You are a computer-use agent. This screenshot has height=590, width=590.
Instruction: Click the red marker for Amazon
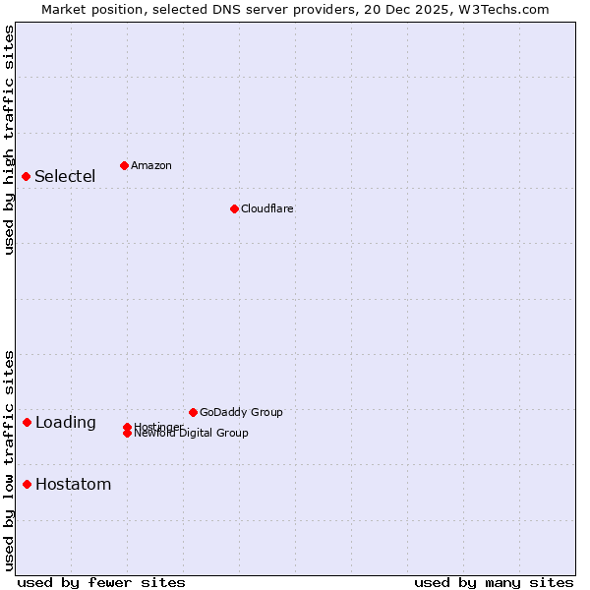(124, 165)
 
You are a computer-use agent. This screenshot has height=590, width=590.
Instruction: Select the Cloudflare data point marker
(234, 208)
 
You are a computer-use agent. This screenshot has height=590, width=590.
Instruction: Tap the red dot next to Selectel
(27, 176)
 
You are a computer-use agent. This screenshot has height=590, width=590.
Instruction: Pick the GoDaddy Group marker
(193, 412)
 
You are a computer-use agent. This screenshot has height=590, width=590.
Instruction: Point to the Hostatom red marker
(28, 484)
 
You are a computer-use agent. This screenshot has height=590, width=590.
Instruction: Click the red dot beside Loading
(28, 422)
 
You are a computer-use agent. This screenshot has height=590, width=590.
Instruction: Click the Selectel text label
(65, 177)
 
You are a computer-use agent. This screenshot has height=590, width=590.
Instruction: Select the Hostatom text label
(73, 485)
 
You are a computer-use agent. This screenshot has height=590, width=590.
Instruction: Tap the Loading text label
(65, 423)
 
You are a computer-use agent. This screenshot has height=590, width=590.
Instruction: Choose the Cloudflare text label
(266, 209)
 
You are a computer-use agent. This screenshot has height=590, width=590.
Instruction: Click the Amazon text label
(150, 166)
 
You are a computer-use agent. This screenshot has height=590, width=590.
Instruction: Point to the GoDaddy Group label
(241, 413)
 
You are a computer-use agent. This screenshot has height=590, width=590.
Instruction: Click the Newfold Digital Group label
(192, 434)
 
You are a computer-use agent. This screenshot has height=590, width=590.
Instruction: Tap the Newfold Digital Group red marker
(128, 433)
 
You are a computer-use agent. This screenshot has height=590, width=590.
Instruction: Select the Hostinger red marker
(128, 427)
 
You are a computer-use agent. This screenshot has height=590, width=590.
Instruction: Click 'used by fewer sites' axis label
(101, 582)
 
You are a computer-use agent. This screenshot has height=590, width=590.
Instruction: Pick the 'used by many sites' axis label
(494, 582)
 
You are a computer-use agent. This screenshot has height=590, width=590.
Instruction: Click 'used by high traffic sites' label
(10, 140)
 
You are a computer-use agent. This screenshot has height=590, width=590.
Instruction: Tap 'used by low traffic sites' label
(10, 459)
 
